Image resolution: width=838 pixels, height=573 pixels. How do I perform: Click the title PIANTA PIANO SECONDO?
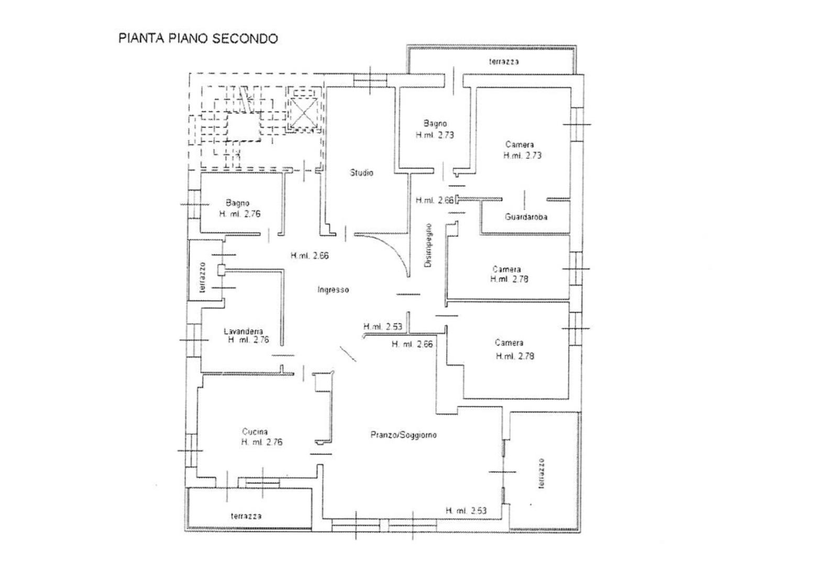tap(198, 38)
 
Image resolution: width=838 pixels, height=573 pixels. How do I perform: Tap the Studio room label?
tap(362, 172)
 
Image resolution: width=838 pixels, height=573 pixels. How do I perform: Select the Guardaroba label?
tap(526, 216)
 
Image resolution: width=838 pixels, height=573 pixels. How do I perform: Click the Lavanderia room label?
tap(243, 331)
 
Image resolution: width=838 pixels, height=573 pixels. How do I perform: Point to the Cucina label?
tap(255, 432)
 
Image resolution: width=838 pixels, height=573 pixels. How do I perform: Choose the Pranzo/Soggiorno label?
tap(403, 435)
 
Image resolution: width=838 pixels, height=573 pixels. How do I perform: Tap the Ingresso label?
tap(333, 289)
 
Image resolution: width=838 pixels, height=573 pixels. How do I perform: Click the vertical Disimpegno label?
tap(428, 246)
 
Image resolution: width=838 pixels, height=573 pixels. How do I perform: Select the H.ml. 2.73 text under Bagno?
tap(435, 134)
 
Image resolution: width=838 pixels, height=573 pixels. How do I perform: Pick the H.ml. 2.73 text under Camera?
tap(522, 155)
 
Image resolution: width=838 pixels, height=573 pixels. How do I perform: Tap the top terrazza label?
tap(504, 61)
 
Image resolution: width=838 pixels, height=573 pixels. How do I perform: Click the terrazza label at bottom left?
tap(246, 516)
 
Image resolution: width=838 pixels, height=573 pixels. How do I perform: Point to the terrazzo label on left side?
tap(203, 277)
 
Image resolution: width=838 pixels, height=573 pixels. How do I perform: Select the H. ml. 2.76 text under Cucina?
tap(261, 442)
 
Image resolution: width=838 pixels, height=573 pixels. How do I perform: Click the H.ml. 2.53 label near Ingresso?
tap(383, 327)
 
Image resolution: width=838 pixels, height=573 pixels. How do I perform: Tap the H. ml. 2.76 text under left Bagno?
tap(239, 214)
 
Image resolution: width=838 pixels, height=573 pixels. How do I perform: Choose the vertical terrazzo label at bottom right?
tap(541, 474)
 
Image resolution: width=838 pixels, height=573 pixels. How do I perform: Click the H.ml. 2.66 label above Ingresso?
tap(310, 256)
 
